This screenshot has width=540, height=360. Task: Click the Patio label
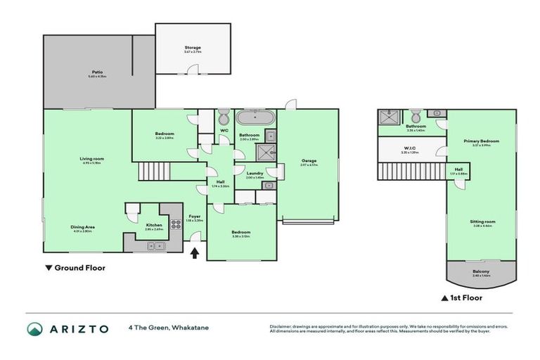98,72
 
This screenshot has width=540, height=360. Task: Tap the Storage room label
193,48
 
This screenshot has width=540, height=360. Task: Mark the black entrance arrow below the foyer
195,250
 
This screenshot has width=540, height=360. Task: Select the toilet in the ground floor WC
224,117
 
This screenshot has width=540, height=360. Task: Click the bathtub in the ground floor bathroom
250,117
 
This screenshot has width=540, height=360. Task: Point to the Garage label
309,161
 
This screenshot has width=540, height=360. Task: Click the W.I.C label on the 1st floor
411,148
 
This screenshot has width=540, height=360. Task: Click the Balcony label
481,272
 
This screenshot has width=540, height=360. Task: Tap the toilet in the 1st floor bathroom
415,115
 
